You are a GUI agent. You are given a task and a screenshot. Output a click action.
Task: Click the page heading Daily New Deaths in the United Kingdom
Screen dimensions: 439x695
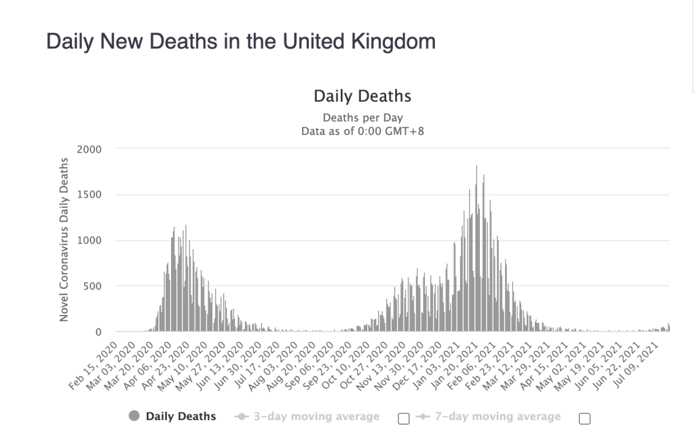[x=240, y=42]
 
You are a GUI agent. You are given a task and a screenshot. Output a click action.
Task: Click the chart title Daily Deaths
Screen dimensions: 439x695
[x=362, y=96]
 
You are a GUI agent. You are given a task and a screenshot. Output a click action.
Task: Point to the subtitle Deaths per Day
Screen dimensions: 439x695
[x=362, y=117]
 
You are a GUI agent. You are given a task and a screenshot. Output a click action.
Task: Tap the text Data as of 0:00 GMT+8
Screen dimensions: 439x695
[x=362, y=130]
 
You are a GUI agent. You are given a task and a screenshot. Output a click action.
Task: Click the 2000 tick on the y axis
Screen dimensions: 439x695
[x=88, y=149]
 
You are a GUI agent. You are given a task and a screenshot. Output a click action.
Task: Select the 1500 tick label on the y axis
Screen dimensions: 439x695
[x=88, y=195]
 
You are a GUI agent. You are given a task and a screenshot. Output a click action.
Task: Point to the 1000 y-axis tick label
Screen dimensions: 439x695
[x=88, y=240]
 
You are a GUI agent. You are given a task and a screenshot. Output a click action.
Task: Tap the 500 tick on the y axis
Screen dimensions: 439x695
[x=92, y=286]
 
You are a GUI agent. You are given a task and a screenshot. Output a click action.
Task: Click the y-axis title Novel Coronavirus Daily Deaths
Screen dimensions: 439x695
[x=64, y=240]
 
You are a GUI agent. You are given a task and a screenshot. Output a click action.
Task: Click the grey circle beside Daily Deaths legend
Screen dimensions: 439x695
[x=134, y=416]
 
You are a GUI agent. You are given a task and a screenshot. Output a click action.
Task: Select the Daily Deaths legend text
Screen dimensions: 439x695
[x=181, y=416]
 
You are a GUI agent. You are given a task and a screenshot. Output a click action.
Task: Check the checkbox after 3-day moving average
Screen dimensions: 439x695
[x=404, y=419]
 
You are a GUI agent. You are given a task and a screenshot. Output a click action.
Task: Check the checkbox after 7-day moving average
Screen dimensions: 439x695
[x=584, y=419]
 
